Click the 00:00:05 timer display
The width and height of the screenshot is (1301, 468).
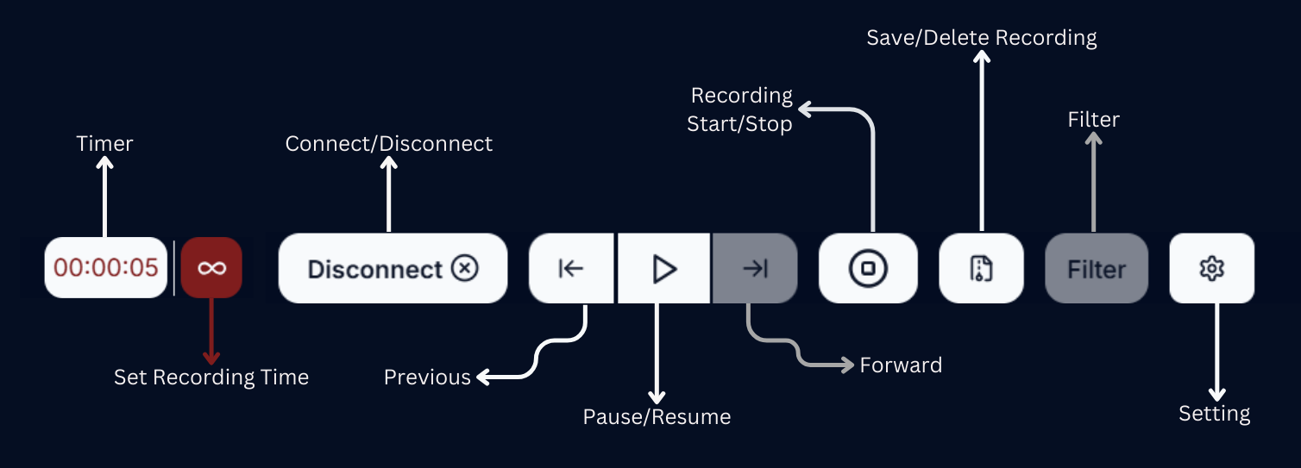tap(105, 268)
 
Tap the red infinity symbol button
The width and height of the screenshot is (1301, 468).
tap(211, 268)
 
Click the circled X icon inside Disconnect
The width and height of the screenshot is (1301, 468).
tap(464, 269)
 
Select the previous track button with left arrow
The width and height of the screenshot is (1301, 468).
tap(571, 269)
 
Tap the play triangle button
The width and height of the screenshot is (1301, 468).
tap(663, 269)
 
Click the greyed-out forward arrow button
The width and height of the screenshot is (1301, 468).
tap(755, 269)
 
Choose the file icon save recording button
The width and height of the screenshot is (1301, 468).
tap(981, 269)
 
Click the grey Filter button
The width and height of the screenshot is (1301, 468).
tap(1097, 269)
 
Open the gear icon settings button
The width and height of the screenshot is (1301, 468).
tap(1212, 269)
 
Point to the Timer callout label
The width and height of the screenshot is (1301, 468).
tap(104, 143)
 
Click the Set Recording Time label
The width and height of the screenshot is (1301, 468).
tap(211, 378)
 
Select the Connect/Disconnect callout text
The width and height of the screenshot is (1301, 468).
tap(389, 143)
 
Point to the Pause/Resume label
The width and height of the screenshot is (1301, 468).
tap(657, 417)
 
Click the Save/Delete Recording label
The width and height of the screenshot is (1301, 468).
tap(982, 38)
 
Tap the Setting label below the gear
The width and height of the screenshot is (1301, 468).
tap(1214, 414)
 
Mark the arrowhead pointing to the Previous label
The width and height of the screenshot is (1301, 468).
tap(483, 377)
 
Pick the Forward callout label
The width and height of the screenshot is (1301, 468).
tap(901, 365)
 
